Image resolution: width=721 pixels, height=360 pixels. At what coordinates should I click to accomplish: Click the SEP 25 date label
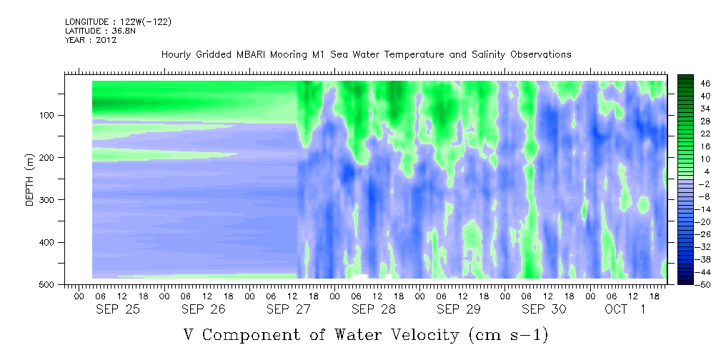click(x=118, y=309)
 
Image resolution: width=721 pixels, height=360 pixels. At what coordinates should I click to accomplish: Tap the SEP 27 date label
click(x=289, y=309)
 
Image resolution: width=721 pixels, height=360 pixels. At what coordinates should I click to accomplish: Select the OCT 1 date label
click(x=625, y=309)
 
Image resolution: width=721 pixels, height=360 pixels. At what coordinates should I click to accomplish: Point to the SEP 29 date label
click(x=459, y=309)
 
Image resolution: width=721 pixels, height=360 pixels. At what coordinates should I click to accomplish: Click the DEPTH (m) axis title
click(x=29, y=182)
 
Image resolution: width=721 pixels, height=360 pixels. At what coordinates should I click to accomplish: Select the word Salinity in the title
click(x=488, y=55)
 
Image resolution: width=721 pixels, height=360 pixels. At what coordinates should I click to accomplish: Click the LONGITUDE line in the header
click(x=119, y=21)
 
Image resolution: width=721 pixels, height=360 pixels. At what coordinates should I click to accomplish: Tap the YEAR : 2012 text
click(x=91, y=40)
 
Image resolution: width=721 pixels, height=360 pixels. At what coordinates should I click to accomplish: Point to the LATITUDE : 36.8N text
click(x=100, y=31)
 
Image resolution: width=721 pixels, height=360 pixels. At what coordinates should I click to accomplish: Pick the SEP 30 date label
click(x=544, y=309)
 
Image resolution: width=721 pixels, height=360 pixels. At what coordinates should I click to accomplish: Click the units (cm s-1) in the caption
click(x=508, y=335)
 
